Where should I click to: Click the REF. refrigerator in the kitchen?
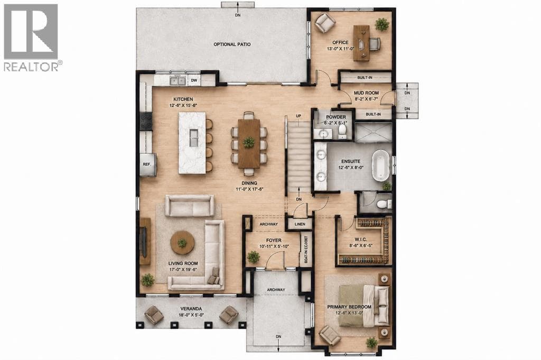click(x=148, y=164)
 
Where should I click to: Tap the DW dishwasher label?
click(x=194, y=80)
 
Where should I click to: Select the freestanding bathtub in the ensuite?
click(x=381, y=165)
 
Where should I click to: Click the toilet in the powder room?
click(x=342, y=131)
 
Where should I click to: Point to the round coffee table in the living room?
click(x=182, y=243)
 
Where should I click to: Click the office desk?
click(x=361, y=43)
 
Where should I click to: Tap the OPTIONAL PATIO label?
click(x=232, y=44)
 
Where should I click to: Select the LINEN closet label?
click(x=300, y=224)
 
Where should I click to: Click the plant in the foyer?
click(x=254, y=257)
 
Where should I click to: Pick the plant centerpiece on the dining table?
click(x=249, y=142)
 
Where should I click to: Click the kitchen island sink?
click(x=194, y=138)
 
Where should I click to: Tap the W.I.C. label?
click(x=360, y=239)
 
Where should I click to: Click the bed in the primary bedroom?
click(x=364, y=306)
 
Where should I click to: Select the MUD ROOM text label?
click(x=367, y=93)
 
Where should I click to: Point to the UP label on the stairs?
click(x=299, y=116)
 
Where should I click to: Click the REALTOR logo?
click(x=31, y=38)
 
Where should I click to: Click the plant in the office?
click(x=382, y=24)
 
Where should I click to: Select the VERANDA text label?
click(x=191, y=309)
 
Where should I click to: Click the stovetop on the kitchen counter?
click(x=146, y=122)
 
